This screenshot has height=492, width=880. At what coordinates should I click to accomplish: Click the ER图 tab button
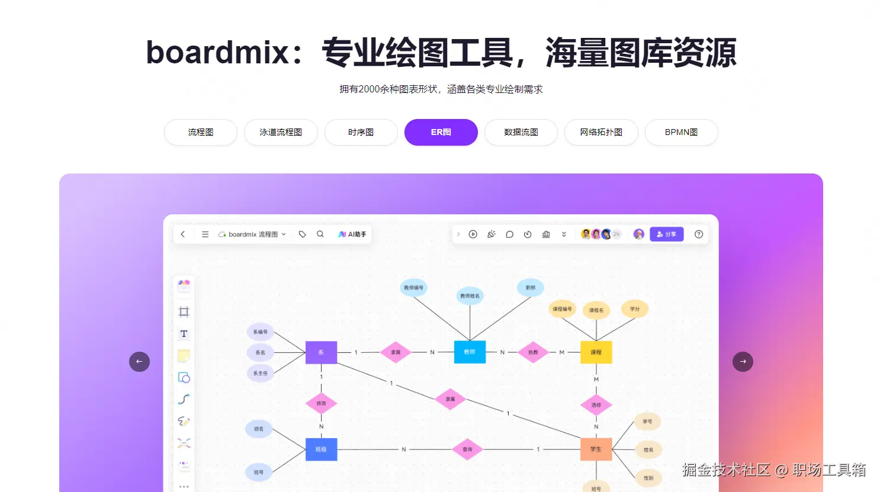tap(441, 132)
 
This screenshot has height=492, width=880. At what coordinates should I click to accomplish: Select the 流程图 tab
tap(201, 132)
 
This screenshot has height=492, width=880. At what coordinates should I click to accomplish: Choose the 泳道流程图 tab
tap(281, 132)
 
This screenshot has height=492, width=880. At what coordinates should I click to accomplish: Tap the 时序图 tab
tap(361, 132)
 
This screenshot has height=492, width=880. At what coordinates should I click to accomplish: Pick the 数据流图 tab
tap(521, 132)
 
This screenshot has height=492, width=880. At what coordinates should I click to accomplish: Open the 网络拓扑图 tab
tap(601, 132)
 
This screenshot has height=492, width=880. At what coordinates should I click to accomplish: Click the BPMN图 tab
tap(681, 132)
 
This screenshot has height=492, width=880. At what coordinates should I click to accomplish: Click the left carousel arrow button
tap(139, 362)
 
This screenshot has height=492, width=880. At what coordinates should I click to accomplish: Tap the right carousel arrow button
tap(743, 362)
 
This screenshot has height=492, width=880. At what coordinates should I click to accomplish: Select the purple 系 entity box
tap(321, 352)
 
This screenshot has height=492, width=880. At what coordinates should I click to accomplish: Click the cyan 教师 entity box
tap(470, 352)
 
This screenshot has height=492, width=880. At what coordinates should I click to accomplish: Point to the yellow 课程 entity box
tap(596, 352)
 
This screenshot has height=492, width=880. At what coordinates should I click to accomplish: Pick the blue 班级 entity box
tap(321, 449)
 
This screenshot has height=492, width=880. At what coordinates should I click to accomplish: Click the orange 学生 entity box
tap(596, 449)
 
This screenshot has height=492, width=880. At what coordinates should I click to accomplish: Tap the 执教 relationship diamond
tap(533, 352)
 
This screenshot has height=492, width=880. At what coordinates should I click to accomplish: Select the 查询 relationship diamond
tap(467, 449)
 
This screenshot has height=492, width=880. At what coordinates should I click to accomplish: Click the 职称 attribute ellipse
tap(530, 288)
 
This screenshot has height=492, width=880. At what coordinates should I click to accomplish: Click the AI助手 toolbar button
tap(352, 234)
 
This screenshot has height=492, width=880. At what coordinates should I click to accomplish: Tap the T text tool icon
tap(184, 334)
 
